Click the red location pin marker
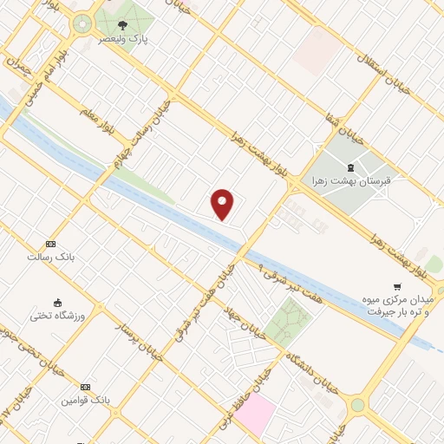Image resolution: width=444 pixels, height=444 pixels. coord(223,204)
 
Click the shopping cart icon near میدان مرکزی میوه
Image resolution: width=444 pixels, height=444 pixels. coord(397,286)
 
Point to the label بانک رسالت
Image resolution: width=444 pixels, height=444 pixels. coord(49,258)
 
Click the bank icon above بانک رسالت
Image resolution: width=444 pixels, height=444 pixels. coord(50,245)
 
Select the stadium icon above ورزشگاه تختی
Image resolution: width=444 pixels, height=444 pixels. coord(58,303)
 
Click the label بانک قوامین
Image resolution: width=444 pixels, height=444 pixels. coord(84,401)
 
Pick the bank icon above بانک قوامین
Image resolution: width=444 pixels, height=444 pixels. coord(85,387)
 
